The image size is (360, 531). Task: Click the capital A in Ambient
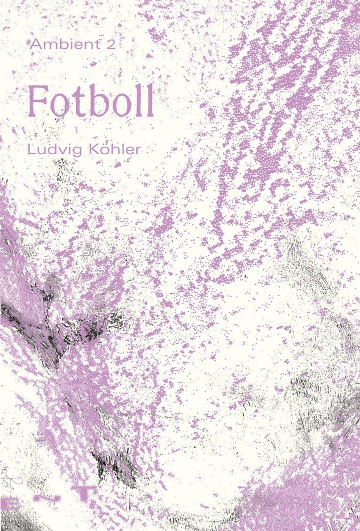tap(35, 44)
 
